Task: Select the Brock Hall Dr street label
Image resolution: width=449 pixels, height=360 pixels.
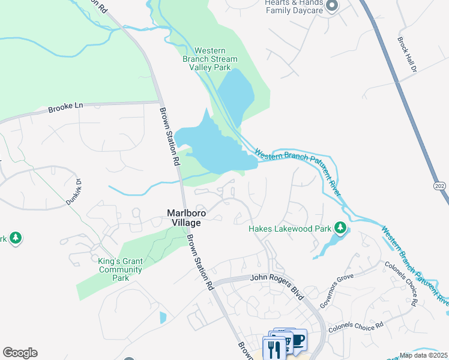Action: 406,55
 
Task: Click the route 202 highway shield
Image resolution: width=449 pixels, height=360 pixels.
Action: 439,187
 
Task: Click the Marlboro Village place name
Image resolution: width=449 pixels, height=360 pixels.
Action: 184,217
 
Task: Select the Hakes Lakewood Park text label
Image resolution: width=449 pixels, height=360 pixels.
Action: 290,229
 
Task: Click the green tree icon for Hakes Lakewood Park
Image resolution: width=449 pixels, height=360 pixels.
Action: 340,228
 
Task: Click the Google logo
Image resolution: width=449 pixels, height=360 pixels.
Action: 20,353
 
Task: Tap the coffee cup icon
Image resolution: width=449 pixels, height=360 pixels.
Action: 298,340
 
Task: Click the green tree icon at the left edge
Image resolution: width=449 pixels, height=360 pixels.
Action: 15,238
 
